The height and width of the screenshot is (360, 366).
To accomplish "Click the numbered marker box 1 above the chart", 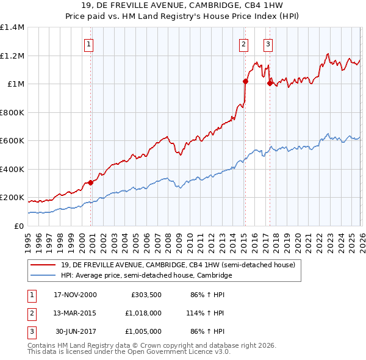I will [x=89, y=44].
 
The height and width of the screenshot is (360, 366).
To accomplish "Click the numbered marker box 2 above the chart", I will [x=243, y=44].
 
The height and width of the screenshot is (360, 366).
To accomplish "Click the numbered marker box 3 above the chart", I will [x=268, y=44].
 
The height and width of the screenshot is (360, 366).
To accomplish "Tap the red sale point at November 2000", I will [x=91, y=182].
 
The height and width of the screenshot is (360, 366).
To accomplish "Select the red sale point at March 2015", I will [x=245, y=81].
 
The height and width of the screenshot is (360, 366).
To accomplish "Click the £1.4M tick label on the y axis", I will [x=12, y=27].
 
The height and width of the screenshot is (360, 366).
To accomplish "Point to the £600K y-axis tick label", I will [x=12, y=141].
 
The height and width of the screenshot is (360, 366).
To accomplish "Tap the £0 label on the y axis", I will [x=19, y=226].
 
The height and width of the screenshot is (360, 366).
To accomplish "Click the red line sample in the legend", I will [x=43, y=265].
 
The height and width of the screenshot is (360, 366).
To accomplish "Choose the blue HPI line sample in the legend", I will [x=43, y=276].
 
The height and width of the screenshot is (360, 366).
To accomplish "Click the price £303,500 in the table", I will [x=146, y=295].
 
